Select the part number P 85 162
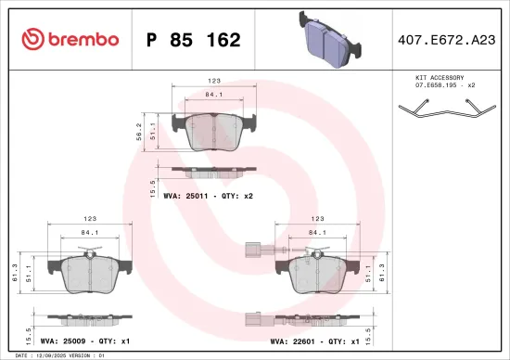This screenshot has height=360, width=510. coord(194,40)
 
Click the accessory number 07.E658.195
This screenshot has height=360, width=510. coord(427,86)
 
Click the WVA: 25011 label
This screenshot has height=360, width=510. coord(189,196)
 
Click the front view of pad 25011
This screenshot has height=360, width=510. coord(214,131)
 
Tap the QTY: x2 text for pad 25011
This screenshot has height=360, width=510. coord(237,196)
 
